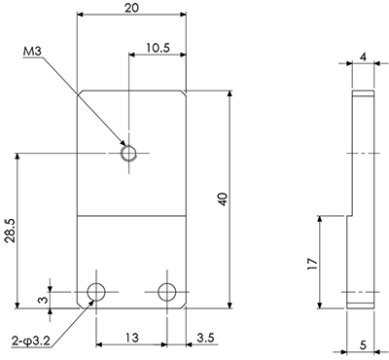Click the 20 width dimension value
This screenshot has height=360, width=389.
[131, 8]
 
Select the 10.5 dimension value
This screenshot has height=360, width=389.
[158, 48]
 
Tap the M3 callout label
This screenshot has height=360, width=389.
[33, 52]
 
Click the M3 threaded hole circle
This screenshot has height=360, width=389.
[128, 153]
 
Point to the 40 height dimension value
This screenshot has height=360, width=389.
[223, 199]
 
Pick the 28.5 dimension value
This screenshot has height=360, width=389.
[10, 231]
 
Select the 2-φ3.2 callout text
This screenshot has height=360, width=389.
[30, 342]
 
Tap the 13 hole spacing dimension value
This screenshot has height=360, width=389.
[131, 338]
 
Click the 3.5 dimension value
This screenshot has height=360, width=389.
[206, 338]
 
